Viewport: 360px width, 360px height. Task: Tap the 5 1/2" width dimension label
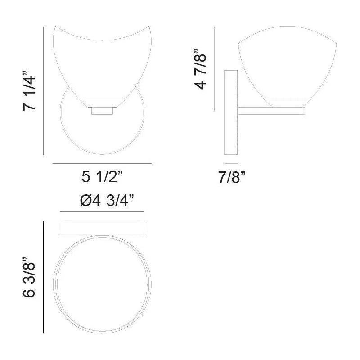point(102,177)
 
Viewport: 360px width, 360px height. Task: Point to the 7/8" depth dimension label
point(231,178)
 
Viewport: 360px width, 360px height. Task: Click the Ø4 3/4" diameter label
point(101,200)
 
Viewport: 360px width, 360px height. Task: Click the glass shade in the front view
point(102,63)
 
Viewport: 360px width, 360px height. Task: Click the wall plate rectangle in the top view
point(102,228)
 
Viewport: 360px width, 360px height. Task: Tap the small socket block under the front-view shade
point(102,111)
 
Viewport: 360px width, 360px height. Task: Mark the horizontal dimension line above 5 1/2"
point(102,163)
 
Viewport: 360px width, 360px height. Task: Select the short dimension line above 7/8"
point(231,163)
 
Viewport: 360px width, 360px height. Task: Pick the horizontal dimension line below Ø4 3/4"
point(102,212)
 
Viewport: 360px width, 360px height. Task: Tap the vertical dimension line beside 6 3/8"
point(43,277)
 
